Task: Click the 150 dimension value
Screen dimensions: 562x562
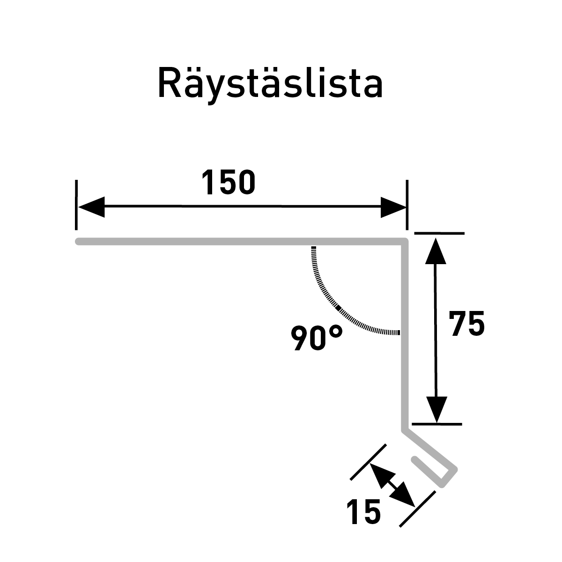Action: (229, 182)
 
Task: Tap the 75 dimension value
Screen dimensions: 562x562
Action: (466, 324)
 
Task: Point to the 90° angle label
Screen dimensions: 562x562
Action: (317, 338)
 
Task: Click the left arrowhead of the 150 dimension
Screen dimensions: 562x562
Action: (92, 207)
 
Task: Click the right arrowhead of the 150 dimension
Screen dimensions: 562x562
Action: (393, 207)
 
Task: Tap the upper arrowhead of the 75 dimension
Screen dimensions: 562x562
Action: (436, 251)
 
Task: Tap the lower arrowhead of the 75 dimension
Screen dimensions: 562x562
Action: (436, 409)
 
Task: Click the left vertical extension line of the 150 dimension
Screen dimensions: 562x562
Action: (76, 205)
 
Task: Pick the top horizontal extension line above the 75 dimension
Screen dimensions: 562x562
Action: (439, 233)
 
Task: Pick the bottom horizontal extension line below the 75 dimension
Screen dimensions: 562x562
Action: (437, 424)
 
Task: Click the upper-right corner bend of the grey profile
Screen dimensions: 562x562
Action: (405, 242)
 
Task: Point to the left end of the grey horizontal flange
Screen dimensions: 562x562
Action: (78, 242)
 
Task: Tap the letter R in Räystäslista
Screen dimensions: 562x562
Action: (169, 83)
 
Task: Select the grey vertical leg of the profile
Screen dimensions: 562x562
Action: (405, 335)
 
